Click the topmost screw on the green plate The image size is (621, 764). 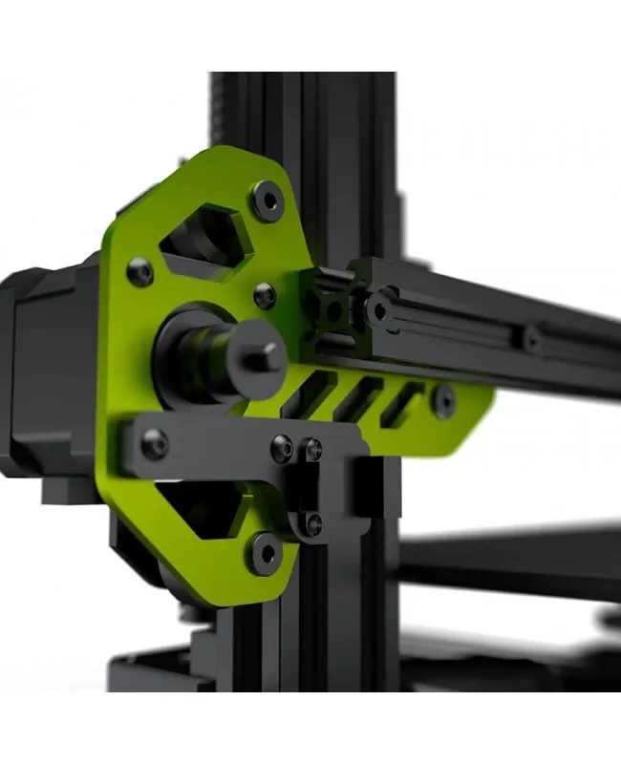pyautogui.click(x=268, y=201)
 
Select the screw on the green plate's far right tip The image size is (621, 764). pyautogui.click(x=442, y=401)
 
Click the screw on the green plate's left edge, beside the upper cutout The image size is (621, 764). pyautogui.click(x=140, y=273)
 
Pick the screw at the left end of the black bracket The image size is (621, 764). pyautogui.click(x=154, y=442)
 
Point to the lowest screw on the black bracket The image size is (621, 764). pyautogui.click(x=313, y=522)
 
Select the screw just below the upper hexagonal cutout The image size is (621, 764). pyautogui.click(x=264, y=296)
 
